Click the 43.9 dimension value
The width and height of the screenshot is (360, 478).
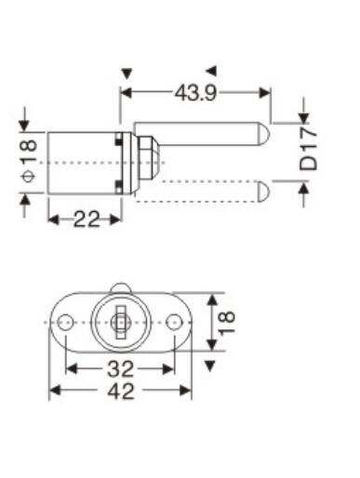click(195, 93)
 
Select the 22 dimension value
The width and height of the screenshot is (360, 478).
click(87, 219)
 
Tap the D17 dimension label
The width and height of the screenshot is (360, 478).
click(309, 151)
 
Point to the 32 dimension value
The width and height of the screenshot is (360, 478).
click(120, 369)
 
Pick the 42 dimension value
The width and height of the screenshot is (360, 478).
click(121, 391)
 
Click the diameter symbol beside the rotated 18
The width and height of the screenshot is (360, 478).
click(29, 177)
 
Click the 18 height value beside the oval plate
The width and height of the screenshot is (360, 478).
click(227, 323)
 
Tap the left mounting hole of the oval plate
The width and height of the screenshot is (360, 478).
click(65, 323)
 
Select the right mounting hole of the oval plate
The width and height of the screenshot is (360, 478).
click(174, 323)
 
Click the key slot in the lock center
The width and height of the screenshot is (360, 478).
click(121, 323)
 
